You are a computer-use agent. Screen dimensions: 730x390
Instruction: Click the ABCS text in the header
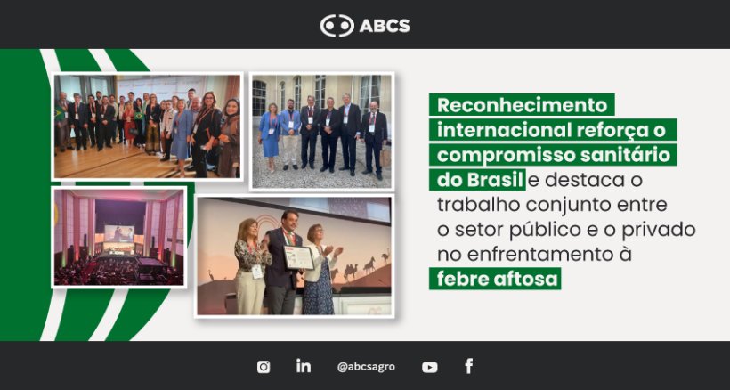click(385, 26)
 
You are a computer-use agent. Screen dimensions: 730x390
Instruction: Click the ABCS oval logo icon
click(337, 26)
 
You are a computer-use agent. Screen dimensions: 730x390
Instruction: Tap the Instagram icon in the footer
click(264, 367)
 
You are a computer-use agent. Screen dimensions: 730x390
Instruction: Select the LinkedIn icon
click(304, 365)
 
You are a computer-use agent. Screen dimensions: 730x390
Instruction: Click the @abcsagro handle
click(366, 367)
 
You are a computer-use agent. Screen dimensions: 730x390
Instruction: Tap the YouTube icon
click(430, 367)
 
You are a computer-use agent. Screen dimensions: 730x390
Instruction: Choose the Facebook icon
click(469, 366)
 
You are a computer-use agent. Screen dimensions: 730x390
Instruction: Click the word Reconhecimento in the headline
click(523, 105)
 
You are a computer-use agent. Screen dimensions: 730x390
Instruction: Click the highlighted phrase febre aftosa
click(497, 279)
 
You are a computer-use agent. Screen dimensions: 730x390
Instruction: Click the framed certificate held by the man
click(298, 257)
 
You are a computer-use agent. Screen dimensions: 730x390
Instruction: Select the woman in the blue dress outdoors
click(270, 136)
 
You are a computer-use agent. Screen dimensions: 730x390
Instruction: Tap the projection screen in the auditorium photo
click(118, 233)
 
